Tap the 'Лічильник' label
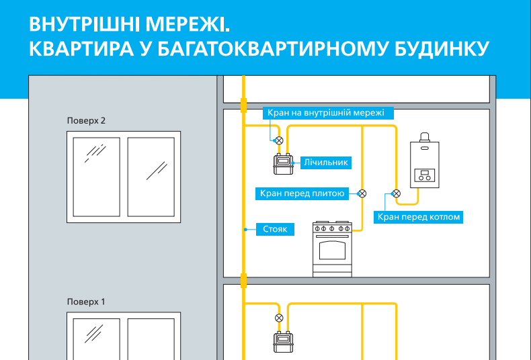(325, 163)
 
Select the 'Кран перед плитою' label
(302, 194)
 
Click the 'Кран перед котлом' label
(419, 217)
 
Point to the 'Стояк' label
(274, 230)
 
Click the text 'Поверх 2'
(87, 121)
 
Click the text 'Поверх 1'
(87, 302)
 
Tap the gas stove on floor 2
(332, 249)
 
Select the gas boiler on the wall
(425, 161)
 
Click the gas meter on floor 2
(283, 163)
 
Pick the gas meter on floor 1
(282, 342)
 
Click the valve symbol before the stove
(362, 194)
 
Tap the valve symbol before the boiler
(397, 194)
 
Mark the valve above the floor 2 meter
(280, 140)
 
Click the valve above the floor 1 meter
(280, 318)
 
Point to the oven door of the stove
(332, 251)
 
